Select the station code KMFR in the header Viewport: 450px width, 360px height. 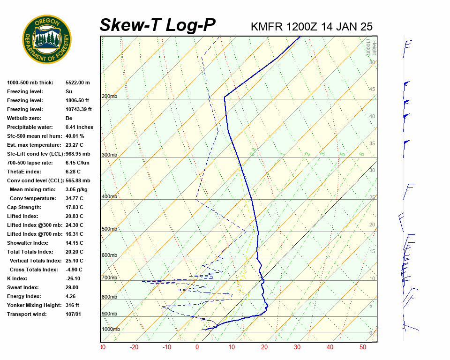[x=267, y=26]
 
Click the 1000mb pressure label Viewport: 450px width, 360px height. [x=111, y=329]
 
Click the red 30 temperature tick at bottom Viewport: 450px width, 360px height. [x=297, y=347]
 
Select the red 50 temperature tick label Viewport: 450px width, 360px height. [x=363, y=347]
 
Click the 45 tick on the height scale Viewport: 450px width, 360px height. [x=372, y=89]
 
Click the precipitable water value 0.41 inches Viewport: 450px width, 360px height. [x=79, y=127]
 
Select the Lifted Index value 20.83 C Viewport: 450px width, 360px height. [x=74, y=216]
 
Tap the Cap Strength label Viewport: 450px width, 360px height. [x=24, y=207]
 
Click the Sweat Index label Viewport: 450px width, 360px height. [x=22, y=287]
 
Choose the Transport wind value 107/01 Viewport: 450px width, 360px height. [x=74, y=314]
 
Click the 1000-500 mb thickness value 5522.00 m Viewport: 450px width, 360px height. [x=77, y=82]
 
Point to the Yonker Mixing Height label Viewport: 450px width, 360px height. [x=34, y=305]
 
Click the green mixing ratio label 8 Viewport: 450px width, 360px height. [x=361, y=154]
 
